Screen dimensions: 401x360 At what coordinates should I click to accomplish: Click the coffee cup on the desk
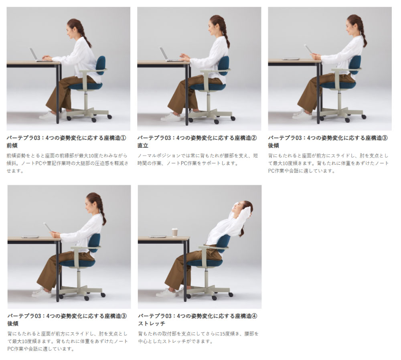point(175,232)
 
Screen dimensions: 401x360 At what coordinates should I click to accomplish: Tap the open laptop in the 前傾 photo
point(38,55)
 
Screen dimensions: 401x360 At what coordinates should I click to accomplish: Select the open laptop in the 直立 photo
point(169,55)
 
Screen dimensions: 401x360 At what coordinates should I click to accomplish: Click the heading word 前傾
point(12,146)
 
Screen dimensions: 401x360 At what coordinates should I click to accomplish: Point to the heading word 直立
point(143,146)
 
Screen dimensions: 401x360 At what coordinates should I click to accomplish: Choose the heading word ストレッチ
point(152,324)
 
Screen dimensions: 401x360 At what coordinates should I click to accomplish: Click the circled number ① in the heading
point(123,138)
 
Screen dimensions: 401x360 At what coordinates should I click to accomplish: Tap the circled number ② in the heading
point(254,138)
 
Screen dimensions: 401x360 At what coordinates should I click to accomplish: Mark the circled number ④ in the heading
point(254,316)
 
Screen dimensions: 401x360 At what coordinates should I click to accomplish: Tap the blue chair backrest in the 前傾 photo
point(101,65)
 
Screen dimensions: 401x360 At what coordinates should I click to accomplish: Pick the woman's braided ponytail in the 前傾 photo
point(84,33)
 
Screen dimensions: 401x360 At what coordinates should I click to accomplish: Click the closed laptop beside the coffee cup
point(158,237)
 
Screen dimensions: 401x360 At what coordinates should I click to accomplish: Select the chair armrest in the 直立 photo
point(215,70)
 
